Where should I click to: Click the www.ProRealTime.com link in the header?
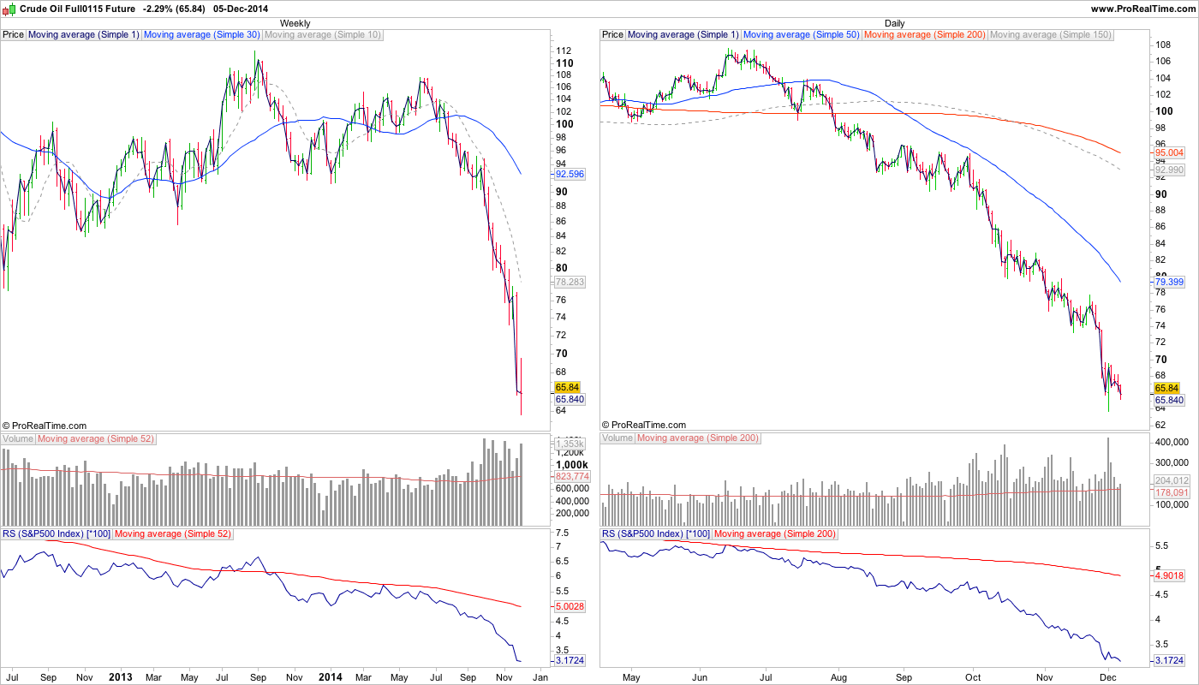(1142, 9)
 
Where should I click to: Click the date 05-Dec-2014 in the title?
(241, 9)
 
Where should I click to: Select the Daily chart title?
(894, 23)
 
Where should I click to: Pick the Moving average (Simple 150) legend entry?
(1050, 35)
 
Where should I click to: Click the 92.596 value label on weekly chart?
(570, 174)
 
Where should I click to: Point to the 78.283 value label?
(570, 281)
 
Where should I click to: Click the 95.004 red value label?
(1169, 152)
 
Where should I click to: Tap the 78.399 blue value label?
(1169, 281)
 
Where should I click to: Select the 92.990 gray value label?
(1169, 170)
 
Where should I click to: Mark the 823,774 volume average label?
(572, 476)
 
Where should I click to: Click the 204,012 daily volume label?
(1172, 480)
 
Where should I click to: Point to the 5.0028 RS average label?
(570, 606)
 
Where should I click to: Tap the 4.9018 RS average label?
(1169, 575)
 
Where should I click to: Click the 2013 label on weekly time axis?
(121, 677)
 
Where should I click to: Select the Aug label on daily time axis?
(838, 677)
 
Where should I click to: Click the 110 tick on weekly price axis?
(564, 63)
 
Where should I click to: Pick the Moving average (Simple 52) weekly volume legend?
(95, 439)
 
